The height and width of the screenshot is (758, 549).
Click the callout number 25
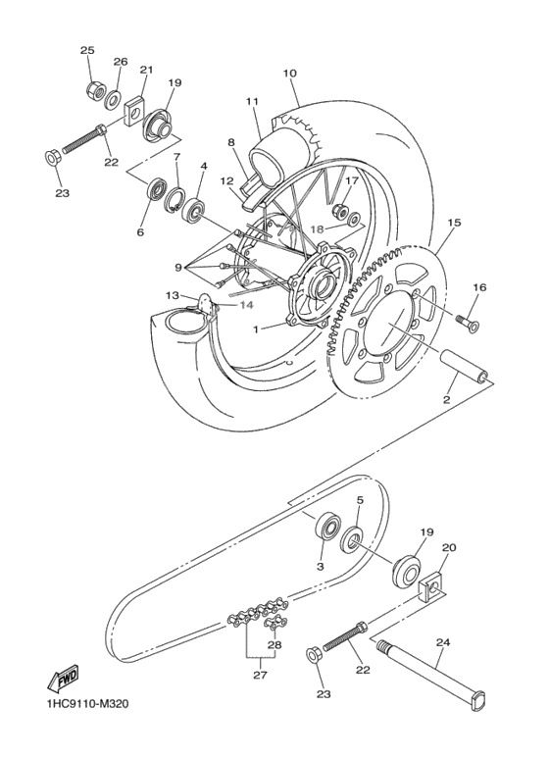click(x=87, y=50)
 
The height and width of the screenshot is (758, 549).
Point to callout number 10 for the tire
click(x=289, y=73)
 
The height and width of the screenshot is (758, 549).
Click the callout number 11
click(x=252, y=102)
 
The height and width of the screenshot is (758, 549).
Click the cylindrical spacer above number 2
click(x=468, y=367)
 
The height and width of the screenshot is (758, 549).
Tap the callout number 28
click(x=274, y=645)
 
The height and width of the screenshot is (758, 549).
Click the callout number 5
click(x=359, y=502)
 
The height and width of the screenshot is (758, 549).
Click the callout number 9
click(x=177, y=267)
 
